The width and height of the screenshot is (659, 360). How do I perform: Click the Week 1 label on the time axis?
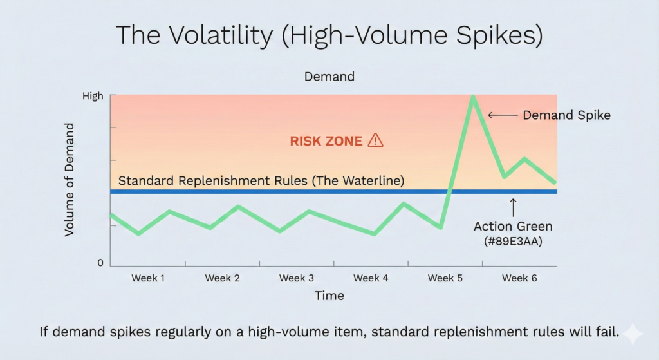tap(148, 278)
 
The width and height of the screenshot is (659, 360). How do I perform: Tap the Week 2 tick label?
tap(222, 278)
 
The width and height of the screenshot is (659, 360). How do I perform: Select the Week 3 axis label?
tap(296, 278)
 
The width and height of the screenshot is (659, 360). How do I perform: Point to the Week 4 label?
tap(371, 278)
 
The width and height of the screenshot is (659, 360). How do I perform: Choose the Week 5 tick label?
tap(445, 278)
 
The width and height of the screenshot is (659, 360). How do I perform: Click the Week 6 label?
tap(519, 278)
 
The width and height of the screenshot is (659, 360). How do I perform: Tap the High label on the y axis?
tap(93, 96)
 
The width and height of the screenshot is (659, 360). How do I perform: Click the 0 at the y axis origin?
tap(100, 263)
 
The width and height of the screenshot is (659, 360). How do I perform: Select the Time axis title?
tap(329, 296)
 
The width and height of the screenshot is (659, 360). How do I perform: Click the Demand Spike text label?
tap(566, 115)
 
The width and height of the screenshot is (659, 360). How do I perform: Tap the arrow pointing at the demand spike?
tap(503, 115)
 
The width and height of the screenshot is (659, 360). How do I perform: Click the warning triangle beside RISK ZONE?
tap(375, 140)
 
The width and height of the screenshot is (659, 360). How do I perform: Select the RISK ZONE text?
tap(326, 141)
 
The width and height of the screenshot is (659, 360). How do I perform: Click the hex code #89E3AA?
tap(513, 241)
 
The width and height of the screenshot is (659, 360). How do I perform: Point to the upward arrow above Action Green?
tap(513, 207)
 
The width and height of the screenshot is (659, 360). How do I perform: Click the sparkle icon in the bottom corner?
tap(633, 334)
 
